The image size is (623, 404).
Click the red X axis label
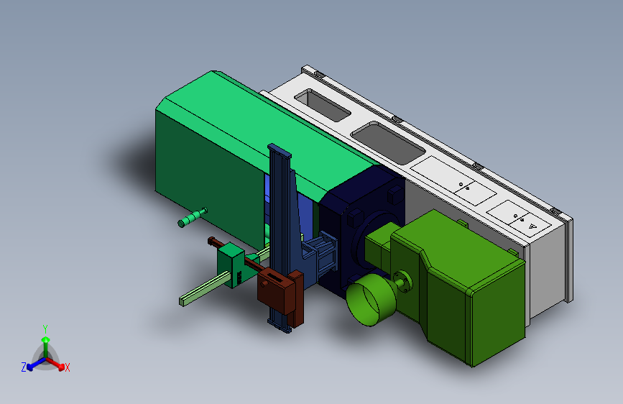[x=67, y=367]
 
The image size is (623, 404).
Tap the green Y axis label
[x=45, y=329]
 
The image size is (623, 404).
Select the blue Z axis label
[x=24, y=367]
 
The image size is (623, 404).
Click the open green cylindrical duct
[x=370, y=300]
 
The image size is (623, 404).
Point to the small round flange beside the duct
[x=403, y=280]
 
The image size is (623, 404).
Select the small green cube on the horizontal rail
[x=231, y=264]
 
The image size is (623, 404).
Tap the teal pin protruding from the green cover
[x=193, y=217]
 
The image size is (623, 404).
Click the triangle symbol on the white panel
[x=532, y=226]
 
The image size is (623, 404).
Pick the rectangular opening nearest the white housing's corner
[x=322, y=106]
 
